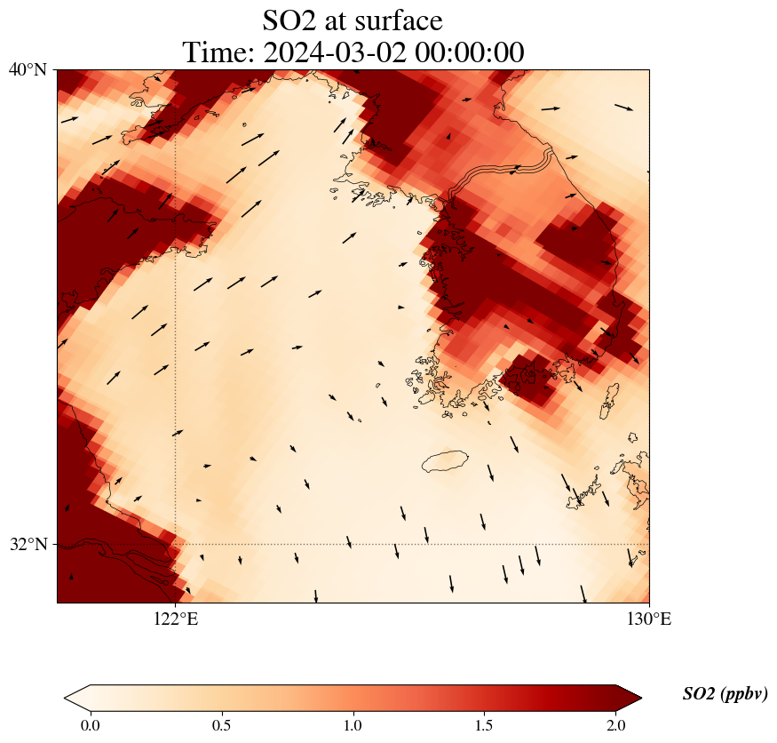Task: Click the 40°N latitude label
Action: [28, 69]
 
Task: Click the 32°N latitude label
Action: [28, 544]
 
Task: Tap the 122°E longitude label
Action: [176, 619]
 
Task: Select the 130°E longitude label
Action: [649, 619]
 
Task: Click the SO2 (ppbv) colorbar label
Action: [725, 694]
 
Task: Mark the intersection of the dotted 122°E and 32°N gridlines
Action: [176, 544]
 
